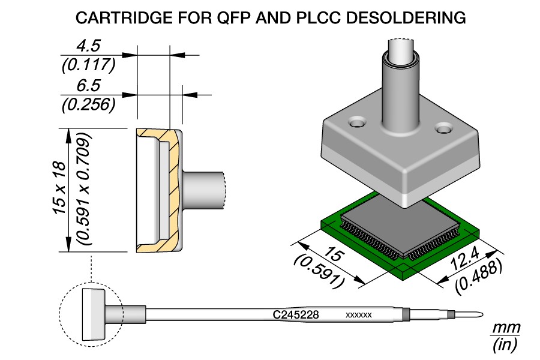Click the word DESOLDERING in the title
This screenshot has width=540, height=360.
point(407,18)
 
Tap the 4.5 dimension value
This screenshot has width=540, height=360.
point(88,46)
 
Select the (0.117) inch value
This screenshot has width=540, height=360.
point(88,64)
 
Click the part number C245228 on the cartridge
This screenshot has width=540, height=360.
point(295,314)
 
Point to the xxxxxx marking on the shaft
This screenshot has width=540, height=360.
point(359,314)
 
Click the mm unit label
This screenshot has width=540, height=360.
point(505,328)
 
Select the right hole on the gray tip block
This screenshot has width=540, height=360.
point(444,128)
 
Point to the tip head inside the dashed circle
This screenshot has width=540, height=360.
point(92,314)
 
